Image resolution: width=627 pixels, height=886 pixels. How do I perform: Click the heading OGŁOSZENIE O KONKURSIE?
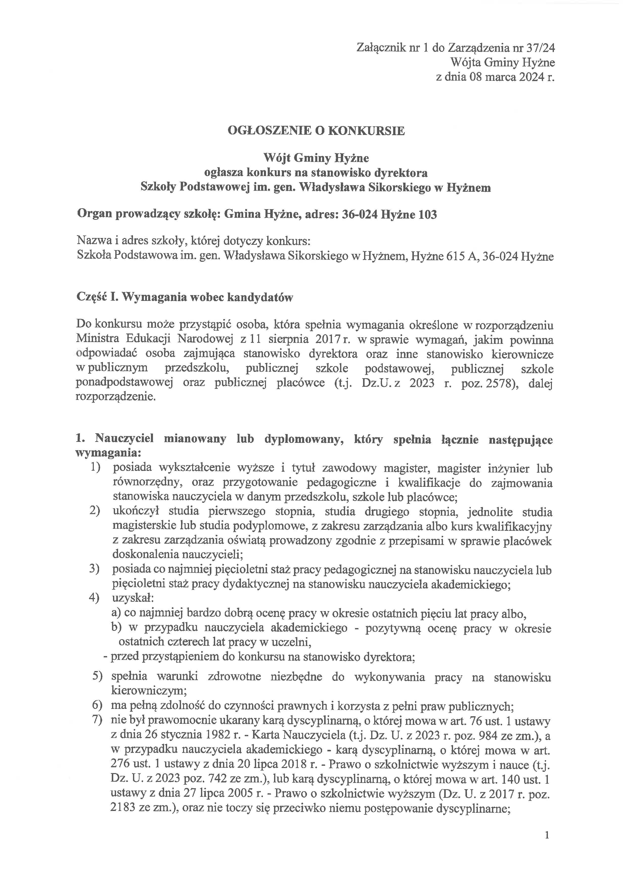coord(316,131)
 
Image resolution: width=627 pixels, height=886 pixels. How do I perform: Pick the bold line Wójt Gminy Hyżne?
coord(316,158)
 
